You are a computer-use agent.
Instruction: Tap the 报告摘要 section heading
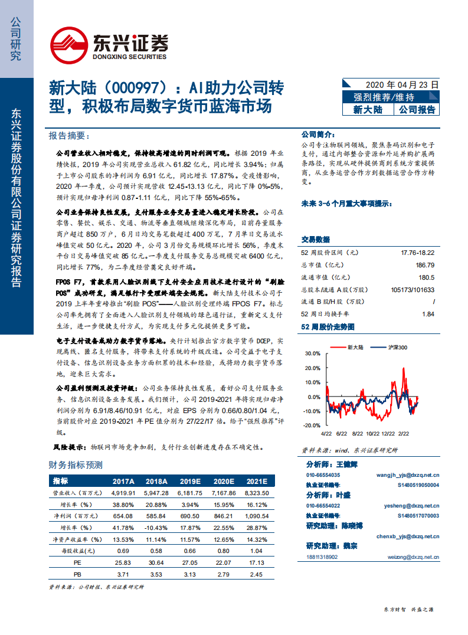[67, 136]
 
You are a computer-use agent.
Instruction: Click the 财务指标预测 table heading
[76, 465]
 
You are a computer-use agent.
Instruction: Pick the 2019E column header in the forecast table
[191, 481]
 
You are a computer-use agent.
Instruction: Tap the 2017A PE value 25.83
[124, 562]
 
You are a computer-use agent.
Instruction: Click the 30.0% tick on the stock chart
[311, 353]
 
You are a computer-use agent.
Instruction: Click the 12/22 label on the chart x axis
[388, 433]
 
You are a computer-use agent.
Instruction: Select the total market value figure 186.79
[425, 265]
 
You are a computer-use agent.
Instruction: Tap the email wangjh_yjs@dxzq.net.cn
[408, 474]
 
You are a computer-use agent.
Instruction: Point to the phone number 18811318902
[322, 556]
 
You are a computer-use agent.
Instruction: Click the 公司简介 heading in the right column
[318, 135]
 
